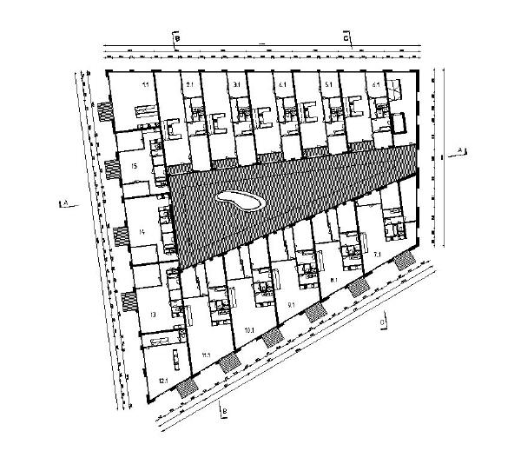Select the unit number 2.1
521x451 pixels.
click(190, 84)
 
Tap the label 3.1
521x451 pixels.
click(236, 84)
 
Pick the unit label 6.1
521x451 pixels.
click(374, 84)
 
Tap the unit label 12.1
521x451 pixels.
click(162, 380)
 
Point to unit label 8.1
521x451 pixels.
click(335, 281)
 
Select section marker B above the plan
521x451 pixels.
click(176, 39)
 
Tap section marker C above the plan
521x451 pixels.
click(346, 39)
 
